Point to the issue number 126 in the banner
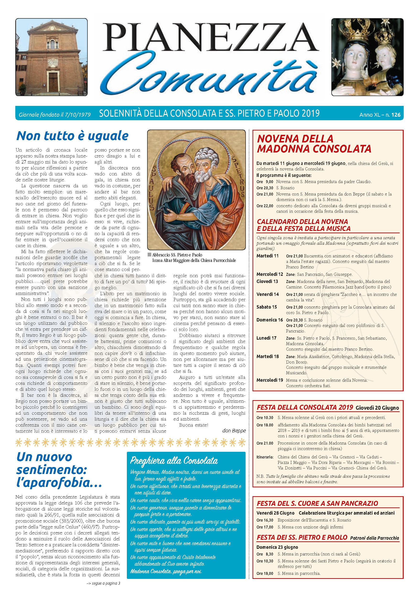[396, 115]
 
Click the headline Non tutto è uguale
[72, 136]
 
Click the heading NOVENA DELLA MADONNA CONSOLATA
[314, 144]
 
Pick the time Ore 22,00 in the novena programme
[265, 206]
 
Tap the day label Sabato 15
[266, 307]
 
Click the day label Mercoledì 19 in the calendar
[269, 380]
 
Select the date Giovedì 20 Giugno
[377, 408]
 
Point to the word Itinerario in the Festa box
[265, 457]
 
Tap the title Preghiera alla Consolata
[174, 461]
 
